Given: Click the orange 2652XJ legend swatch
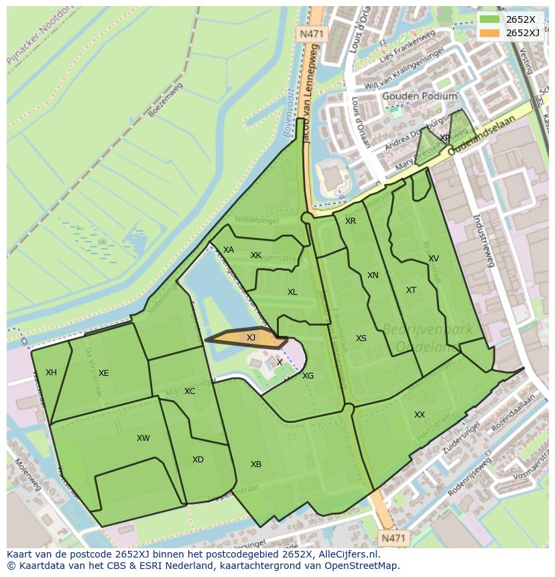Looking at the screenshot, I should [489, 33].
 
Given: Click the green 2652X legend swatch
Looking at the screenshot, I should [489, 19].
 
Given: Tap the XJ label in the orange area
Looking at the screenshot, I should [251, 338].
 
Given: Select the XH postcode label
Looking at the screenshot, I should [51, 373].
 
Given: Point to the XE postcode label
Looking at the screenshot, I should [103, 373].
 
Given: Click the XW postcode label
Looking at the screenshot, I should [143, 438].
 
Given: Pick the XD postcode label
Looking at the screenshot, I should [198, 460].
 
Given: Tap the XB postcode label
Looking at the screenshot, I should [256, 464].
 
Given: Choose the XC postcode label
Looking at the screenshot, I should [190, 391].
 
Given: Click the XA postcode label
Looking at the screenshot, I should [229, 250].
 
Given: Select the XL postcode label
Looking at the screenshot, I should [292, 292].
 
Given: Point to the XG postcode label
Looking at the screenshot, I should [308, 376].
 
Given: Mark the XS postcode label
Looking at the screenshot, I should [361, 338].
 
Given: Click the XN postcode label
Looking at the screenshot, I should [373, 275].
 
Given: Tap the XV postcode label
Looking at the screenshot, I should [434, 259].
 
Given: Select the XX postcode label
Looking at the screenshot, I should [420, 415].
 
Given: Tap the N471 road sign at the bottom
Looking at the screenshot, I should [393, 537].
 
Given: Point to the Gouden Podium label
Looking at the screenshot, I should [420, 97].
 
